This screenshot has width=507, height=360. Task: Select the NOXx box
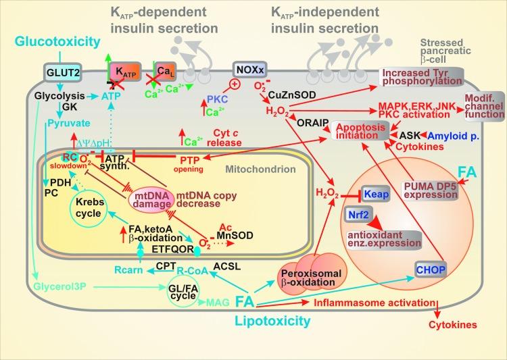click(x=246, y=70)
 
